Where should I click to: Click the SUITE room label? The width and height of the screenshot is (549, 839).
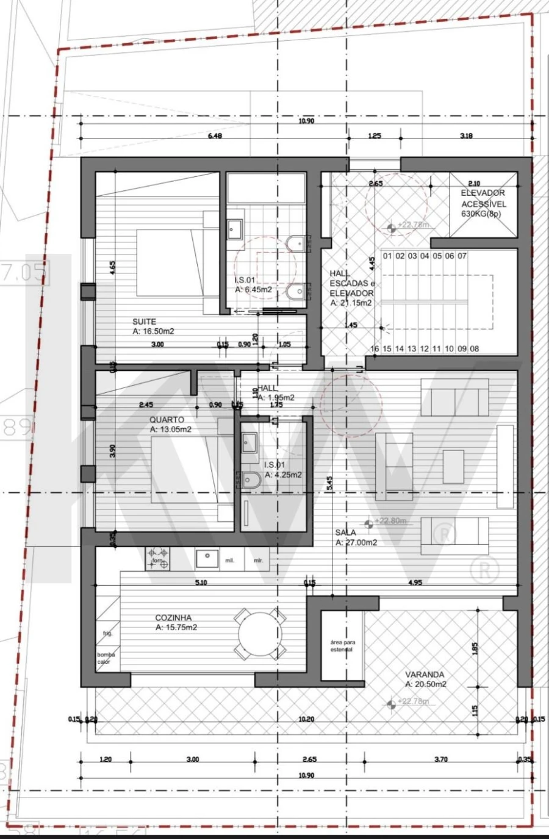[x=145, y=322]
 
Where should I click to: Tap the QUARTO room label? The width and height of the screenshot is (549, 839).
[x=167, y=420]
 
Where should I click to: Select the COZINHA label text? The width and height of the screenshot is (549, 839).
[x=173, y=618]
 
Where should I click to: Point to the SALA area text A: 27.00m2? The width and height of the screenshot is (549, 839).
[x=356, y=542]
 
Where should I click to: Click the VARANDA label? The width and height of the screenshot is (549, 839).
[x=425, y=675]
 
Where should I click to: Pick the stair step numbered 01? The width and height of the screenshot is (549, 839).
[x=387, y=256]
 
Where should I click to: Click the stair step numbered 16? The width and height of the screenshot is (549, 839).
[x=375, y=349]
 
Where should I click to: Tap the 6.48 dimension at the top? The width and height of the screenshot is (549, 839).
[x=215, y=135]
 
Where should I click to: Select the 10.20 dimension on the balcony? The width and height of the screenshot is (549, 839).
[x=306, y=719]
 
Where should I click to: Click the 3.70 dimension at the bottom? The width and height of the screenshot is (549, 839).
[x=440, y=759]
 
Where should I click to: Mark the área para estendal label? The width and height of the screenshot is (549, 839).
[x=342, y=646]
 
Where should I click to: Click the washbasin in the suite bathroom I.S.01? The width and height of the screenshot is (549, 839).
[x=235, y=230]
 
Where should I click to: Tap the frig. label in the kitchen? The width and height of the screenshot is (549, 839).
[x=107, y=633]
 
